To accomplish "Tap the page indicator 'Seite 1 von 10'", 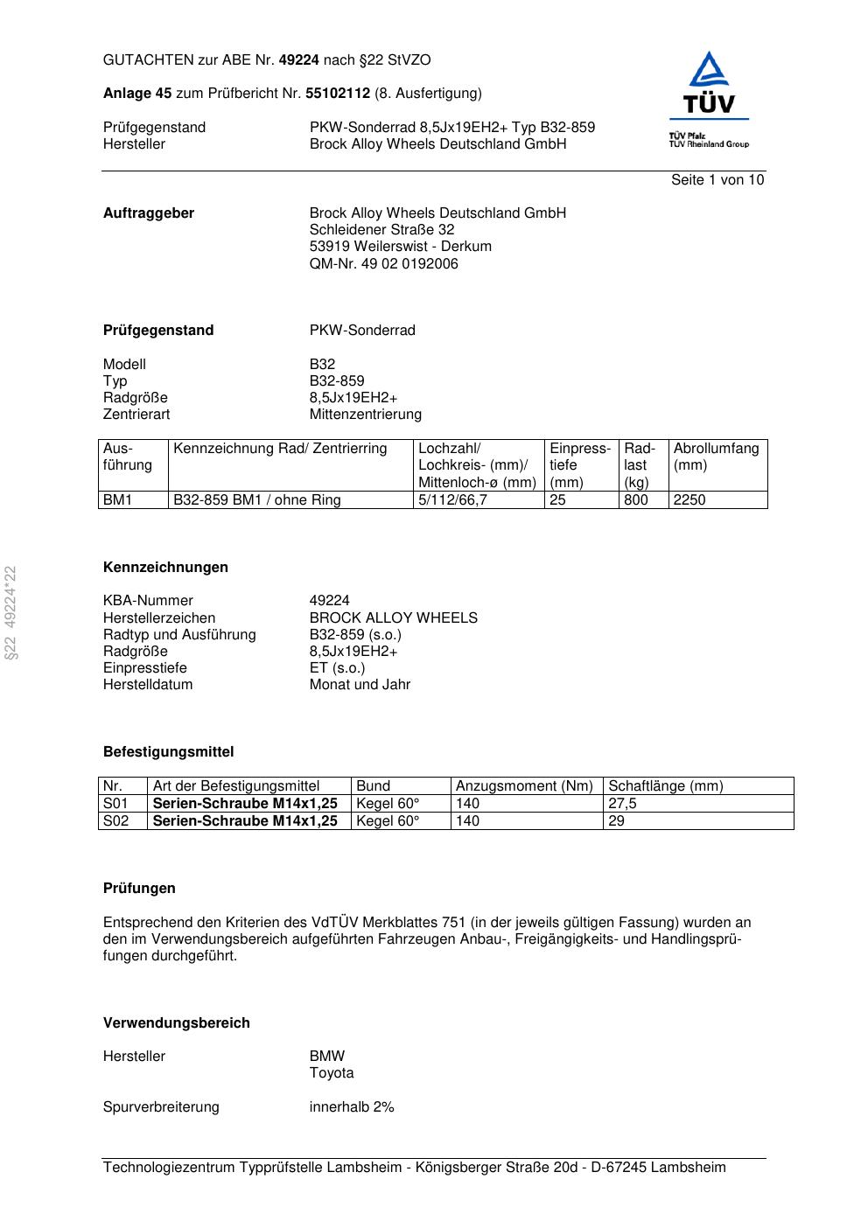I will [x=717, y=180].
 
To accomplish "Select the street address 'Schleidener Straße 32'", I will [x=381, y=230].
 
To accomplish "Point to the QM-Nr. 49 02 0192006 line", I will [x=383, y=264].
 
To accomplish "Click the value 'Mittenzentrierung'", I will [x=365, y=415].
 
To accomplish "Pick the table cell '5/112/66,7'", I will [x=452, y=500].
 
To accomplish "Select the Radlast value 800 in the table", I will [x=636, y=500].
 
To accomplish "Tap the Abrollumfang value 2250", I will [x=689, y=500].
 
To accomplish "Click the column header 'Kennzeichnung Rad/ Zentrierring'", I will [x=280, y=449].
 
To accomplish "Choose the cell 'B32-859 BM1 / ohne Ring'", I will [x=257, y=500].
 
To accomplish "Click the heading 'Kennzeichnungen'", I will [x=165, y=568].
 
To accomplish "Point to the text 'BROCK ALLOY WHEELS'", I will [x=393, y=618].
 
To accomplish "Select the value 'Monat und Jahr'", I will [x=360, y=685].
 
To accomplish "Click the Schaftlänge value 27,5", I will [x=622, y=804].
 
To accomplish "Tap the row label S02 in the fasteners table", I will [x=115, y=821].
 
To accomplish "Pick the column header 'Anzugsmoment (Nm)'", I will [x=524, y=786].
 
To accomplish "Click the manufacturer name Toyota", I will [x=332, y=1073].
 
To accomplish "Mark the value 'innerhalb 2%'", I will [x=352, y=1107].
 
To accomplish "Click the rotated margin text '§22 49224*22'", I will [x=11, y=612].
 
